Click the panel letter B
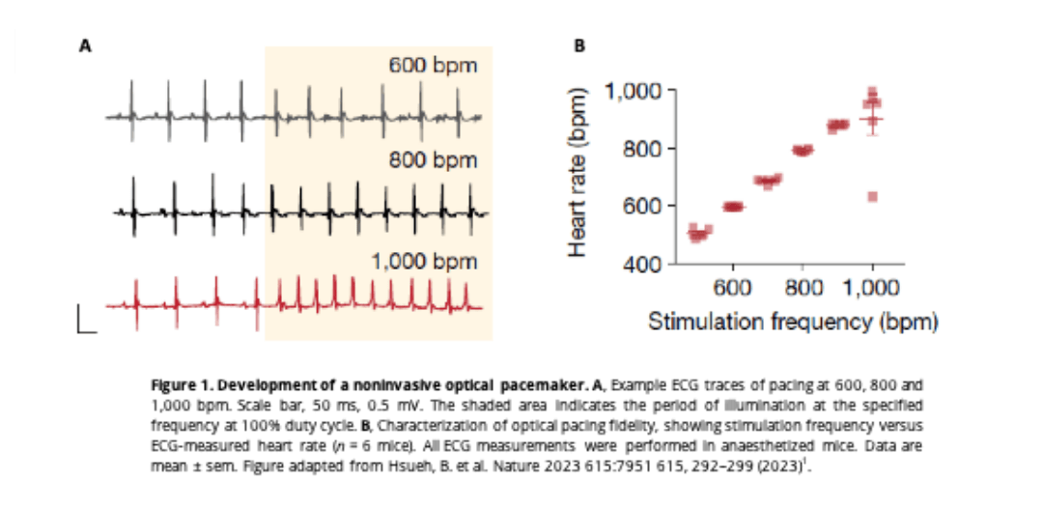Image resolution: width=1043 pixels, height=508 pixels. (x=579, y=44)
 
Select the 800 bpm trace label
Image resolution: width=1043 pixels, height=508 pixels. (x=434, y=158)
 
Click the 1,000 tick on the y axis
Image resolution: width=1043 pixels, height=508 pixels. (x=633, y=91)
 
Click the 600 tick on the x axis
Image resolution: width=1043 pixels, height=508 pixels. (x=733, y=288)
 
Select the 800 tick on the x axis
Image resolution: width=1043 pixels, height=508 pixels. (x=803, y=288)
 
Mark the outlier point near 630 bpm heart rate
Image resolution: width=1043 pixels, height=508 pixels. (x=873, y=196)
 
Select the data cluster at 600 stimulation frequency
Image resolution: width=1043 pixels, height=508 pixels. (x=733, y=207)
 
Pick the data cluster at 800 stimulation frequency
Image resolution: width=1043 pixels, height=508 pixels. (x=803, y=150)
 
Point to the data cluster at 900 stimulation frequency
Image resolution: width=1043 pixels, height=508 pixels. (x=837, y=126)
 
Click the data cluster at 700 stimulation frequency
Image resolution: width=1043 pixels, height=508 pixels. (x=768, y=181)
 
